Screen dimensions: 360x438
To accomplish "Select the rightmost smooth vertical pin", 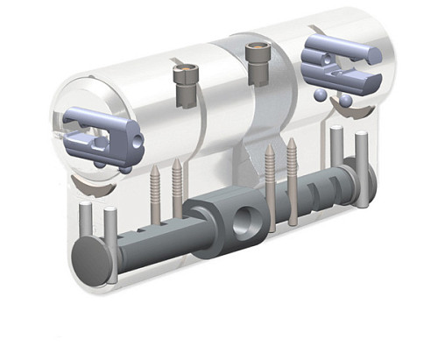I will (x=363, y=166).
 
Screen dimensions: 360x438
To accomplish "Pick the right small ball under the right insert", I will (x=346, y=102).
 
